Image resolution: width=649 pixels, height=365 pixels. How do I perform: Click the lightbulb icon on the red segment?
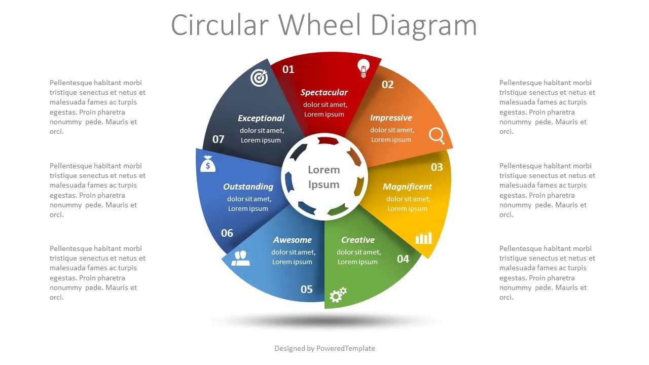point(363,68)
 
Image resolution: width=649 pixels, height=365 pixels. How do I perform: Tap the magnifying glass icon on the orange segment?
point(436,135)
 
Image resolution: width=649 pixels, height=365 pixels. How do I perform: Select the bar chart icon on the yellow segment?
point(424,237)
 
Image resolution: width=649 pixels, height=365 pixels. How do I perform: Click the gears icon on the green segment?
point(338,295)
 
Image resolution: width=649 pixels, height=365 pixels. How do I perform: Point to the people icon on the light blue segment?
point(240,258)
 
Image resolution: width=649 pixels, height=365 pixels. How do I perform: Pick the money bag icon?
point(208,164)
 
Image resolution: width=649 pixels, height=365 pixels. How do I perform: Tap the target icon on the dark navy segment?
point(259,78)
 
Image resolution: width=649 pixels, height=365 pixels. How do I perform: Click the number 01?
point(288,69)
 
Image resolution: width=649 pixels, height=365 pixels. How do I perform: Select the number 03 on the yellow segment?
point(437,167)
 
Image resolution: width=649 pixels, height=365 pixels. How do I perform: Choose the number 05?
point(307,289)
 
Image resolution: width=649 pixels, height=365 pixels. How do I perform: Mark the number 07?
point(219,139)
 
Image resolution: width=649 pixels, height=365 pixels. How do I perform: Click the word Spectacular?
point(324,92)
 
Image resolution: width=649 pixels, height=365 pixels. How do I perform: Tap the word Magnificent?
point(407,187)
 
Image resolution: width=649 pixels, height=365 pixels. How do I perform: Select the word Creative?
point(357,240)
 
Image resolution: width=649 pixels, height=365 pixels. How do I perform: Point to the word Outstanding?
point(248,187)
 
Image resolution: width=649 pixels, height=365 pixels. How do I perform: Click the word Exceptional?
point(261,118)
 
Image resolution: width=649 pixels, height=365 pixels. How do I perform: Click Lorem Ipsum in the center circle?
point(324,177)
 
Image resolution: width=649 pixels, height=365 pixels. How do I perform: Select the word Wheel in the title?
point(322,25)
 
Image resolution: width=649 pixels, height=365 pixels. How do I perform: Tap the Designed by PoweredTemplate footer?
point(324,348)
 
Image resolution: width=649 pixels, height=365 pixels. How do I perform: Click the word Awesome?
point(293,240)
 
